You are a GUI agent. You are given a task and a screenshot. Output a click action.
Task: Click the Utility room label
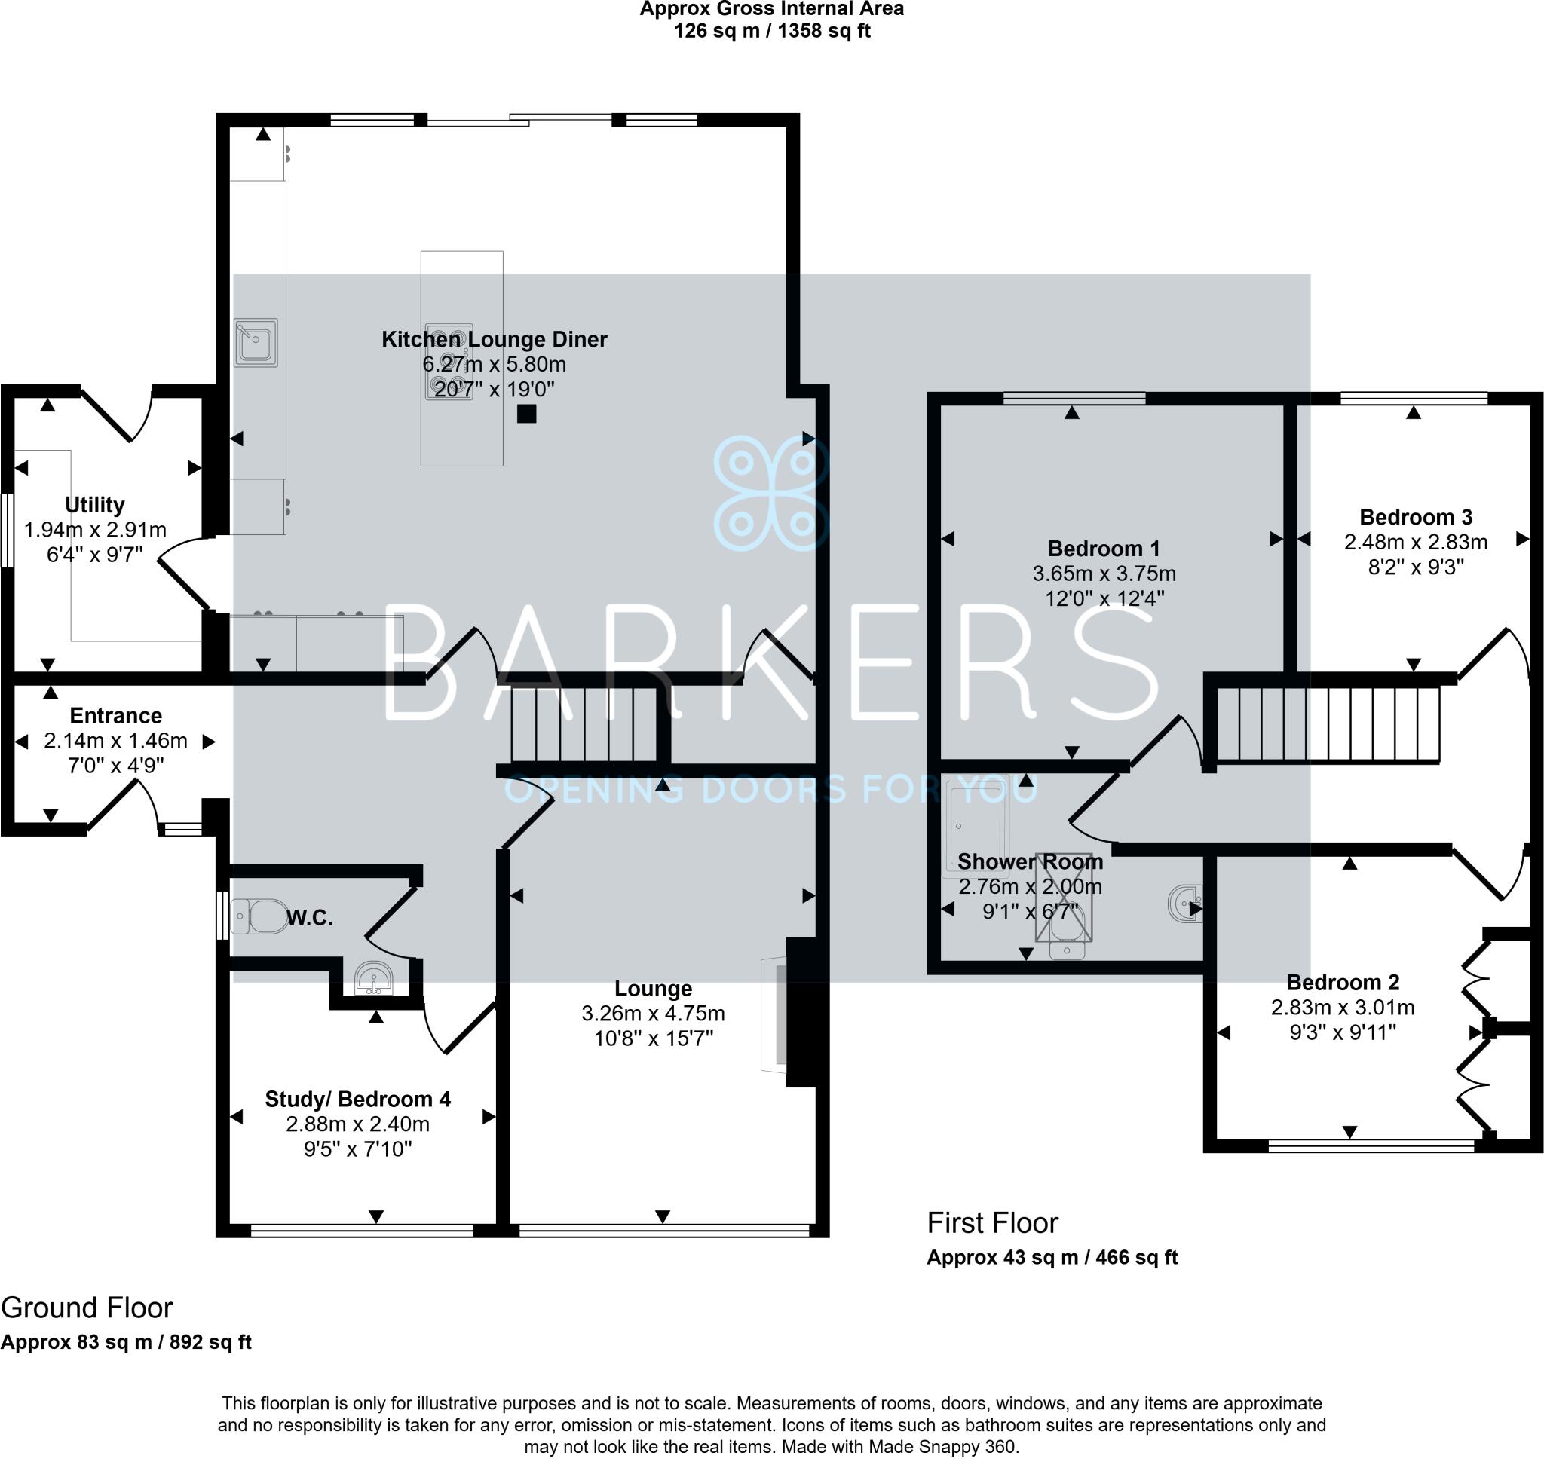[95, 505]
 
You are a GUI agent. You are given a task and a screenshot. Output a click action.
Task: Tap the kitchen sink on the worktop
[256, 342]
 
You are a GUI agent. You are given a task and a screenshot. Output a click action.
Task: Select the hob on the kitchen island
[449, 362]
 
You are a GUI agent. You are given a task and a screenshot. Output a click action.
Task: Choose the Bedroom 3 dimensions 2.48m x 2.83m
[1416, 542]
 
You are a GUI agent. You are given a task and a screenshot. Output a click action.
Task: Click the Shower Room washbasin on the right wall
[1185, 904]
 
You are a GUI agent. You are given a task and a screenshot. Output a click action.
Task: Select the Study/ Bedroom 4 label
[358, 1099]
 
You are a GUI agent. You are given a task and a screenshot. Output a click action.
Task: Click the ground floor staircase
[584, 724]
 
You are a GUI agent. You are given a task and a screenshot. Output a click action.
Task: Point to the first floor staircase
[1328, 724]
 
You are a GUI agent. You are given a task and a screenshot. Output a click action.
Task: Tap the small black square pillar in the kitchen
[526, 414]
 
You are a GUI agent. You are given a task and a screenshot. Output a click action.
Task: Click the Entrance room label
[116, 715]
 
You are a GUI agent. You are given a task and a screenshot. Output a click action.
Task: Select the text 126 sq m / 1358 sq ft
[771, 31]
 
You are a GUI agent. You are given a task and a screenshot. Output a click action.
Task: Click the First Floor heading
[992, 1223]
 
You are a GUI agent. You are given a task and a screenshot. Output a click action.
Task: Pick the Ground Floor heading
[87, 1308]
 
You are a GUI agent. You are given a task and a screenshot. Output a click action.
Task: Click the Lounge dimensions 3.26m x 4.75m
[654, 1014]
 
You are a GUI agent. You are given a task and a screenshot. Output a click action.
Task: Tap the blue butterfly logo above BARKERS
[771, 494]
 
